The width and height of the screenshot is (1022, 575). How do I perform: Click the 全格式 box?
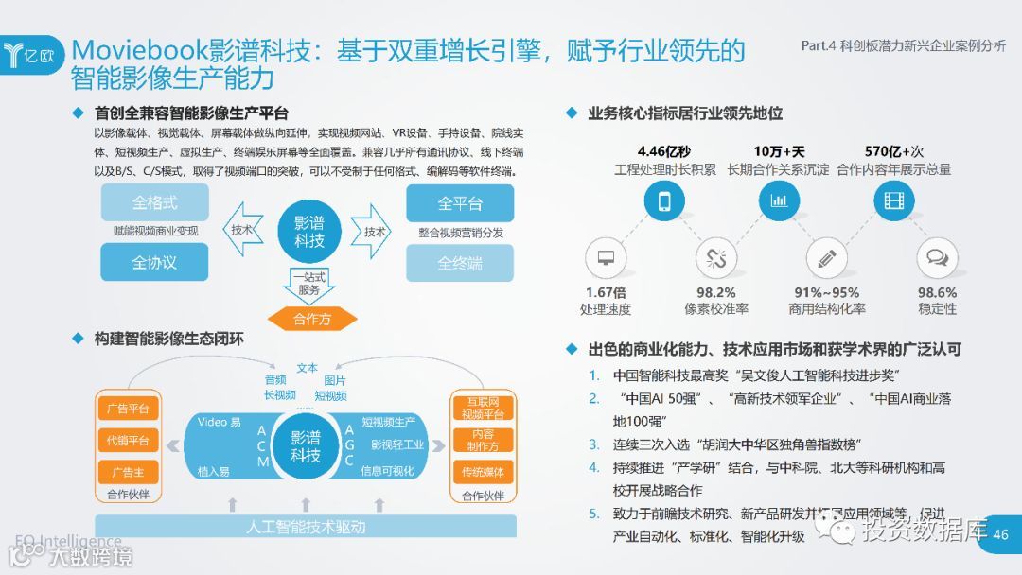point(154,202)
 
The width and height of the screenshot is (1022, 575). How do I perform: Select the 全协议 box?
point(154,262)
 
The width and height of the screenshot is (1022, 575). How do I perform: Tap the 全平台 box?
point(460,203)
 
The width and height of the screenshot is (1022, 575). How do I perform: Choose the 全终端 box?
point(460,263)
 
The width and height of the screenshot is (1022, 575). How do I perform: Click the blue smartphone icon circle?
point(665,200)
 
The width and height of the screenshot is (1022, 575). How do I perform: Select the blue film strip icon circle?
point(893,200)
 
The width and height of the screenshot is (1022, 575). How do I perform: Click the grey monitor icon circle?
point(606,258)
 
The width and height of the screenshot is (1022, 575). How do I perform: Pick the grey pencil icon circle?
point(826,258)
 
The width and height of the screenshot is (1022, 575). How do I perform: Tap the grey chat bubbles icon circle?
point(937,258)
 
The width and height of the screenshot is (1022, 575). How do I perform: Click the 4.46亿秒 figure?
point(664,151)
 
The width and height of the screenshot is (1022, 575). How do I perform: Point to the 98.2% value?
point(716,293)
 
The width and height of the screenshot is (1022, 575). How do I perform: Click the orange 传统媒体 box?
point(483,472)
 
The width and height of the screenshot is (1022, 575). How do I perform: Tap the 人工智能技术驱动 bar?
point(306,526)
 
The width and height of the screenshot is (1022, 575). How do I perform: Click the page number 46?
point(1000,534)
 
